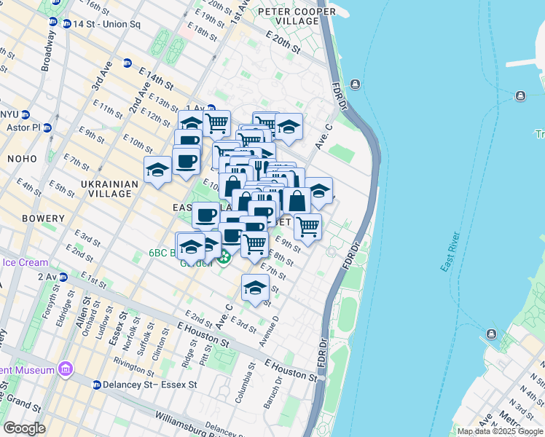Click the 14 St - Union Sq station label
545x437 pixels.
(106, 24)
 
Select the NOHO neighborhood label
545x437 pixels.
(21, 158)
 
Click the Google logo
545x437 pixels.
(24, 428)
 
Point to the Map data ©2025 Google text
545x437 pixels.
(500, 431)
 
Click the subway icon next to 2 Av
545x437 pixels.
(63, 277)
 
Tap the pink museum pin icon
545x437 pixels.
(66, 369)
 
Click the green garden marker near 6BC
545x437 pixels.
(224, 256)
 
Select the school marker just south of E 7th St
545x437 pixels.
(255, 288)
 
